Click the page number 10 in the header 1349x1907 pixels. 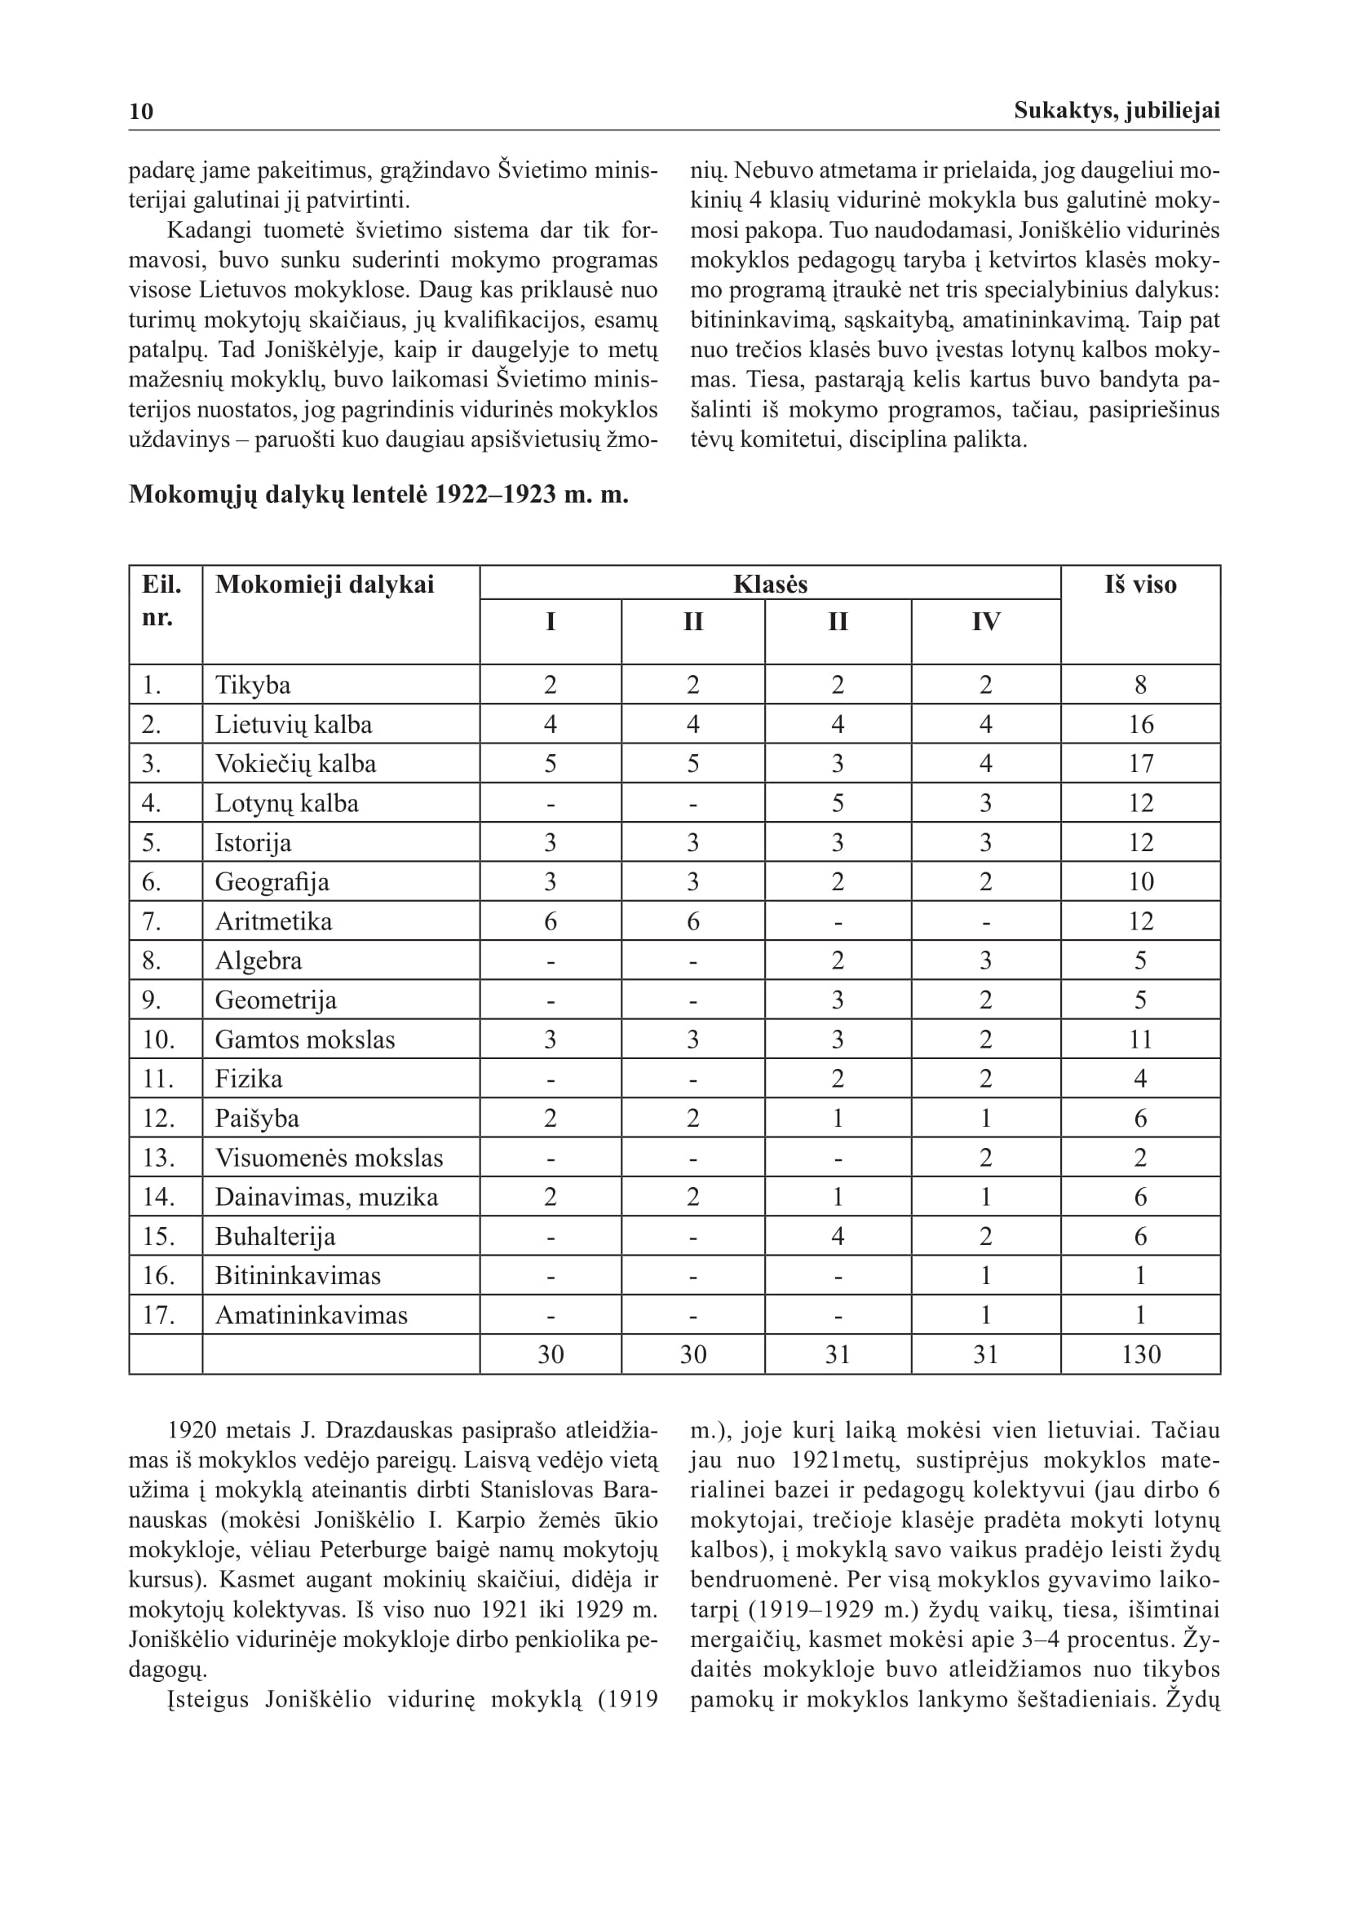[x=141, y=112]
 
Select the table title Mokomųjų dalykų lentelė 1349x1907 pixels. [x=378, y=495]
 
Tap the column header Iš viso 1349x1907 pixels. [x=1139, y=585]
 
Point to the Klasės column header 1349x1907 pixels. [x=770, y=585]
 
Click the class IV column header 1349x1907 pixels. [x=985, y=622]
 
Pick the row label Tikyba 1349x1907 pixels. [x=253, y=685]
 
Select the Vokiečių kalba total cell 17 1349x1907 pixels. [x=1140, y=764]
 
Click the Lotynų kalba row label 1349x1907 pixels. [x=286, y=803]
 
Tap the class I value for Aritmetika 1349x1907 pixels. [x=550, y=921]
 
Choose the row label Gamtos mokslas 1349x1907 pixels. [x=305, y=1040]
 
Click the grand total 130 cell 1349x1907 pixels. [x=1140, y=1355]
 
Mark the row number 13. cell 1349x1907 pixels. [x=158, y=1158]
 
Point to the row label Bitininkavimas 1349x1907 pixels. [x=298, y=1276]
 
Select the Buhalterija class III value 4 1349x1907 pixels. [x=838, y=1237]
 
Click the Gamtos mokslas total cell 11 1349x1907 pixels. [x=1140, y=1040]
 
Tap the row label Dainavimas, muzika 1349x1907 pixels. [x=326, y=1197]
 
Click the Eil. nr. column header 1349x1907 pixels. [x=161, y=601]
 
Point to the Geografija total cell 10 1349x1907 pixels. [x=1140, y=882]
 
